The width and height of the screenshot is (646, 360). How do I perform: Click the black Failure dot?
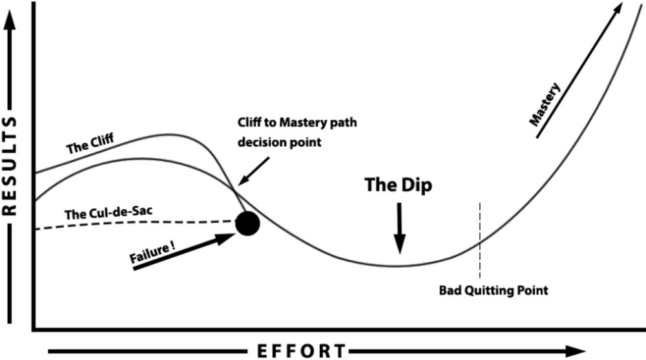(x=247, y=224)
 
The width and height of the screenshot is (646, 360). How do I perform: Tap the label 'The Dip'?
(x=398, y=185)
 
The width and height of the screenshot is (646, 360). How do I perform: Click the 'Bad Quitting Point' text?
(x=494, y=290)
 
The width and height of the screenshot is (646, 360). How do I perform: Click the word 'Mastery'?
(x=546, y=103)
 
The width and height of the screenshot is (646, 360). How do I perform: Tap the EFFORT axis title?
(x=302, y=351)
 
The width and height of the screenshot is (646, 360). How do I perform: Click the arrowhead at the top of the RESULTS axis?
(x=10, y=19)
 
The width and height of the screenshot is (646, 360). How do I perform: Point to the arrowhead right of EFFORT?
(x=575, y=351)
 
